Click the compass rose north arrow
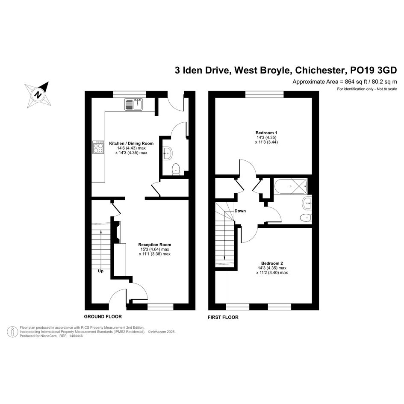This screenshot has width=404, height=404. click(x=38, y=94)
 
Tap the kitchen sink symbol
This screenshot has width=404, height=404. click(x=133, y=104)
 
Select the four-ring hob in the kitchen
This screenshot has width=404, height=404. click(x=98, y=147)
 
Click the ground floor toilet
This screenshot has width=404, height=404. click(x=176, y=169)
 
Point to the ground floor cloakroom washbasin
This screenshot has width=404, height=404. click(x=167, y=153)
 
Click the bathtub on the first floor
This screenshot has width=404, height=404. click(x=291, y=186)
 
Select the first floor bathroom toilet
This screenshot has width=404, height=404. click(x=306, y=218)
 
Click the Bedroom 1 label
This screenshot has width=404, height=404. click(x=266, y=133)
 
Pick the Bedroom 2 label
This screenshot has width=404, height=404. click(x=272, y=263)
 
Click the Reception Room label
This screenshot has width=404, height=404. click(x=155, y=245)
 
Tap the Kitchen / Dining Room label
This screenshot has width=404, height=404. click(x=131, y=144)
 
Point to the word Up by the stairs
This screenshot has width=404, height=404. click(x=100, y=271)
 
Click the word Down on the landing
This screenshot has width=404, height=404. click(x=240, y=211)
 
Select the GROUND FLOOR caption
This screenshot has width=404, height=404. click(x=103, y=316)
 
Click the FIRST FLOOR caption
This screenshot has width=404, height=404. click(x=223, y=317)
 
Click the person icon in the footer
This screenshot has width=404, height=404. click(x=12, y=332)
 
